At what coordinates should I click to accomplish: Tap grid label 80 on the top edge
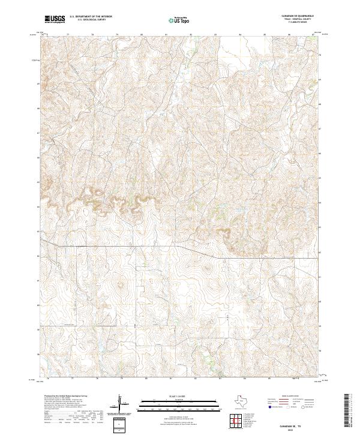click(142, 35)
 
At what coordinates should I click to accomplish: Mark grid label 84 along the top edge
click(240, 35)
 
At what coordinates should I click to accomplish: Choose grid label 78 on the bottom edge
click(97, 379)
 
